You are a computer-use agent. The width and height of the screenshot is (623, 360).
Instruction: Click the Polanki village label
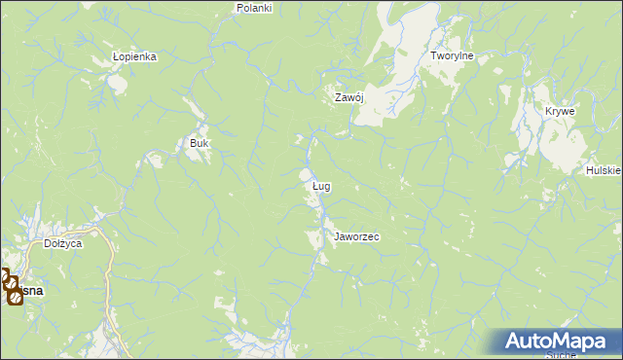coord(254,7)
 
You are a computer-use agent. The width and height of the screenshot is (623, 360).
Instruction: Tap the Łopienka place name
coord(134,56)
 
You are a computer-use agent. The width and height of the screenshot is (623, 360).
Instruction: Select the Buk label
coord(199,143)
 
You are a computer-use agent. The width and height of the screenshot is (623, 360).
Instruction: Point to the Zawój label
coord(348,97)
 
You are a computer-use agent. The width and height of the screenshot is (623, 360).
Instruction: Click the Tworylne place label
coord(452,56)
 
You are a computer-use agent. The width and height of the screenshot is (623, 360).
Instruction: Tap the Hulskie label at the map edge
coord(604,170)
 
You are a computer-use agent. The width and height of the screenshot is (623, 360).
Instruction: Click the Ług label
coord(321,185)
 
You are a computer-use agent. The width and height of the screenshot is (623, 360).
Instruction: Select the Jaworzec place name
coord(356,236)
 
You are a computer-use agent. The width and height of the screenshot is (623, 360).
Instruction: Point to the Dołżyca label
coord(62,244)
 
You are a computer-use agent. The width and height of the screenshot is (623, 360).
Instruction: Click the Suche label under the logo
coord(561,355)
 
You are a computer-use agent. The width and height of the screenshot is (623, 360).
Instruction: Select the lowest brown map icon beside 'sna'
coord(15,296)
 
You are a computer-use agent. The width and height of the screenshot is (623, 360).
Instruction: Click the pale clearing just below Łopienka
coord(118,83)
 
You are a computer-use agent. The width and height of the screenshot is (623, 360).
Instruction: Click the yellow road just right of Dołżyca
coord(107,255)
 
